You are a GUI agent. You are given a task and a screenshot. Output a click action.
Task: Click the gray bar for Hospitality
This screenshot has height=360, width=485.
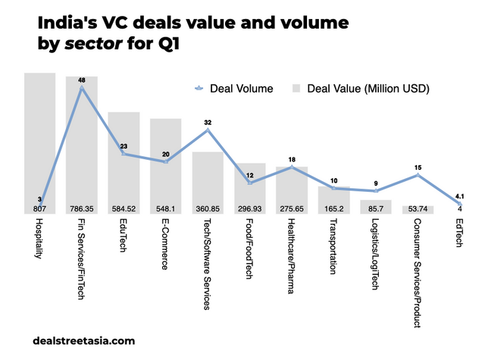pyautogui.click(x=39, y=136)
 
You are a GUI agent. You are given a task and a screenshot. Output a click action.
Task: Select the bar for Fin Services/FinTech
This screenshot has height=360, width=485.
pyautogui.click(x=81, y=144)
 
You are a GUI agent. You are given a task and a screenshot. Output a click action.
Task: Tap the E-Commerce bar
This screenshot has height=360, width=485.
pyautogui.click(x=165, y=163)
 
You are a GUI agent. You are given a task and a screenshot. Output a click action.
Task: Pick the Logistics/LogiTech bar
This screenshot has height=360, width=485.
pyautogui.click(x=376, y=205)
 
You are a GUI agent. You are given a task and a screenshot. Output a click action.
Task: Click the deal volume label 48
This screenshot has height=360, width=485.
pyautogui.click(x=81, y=80)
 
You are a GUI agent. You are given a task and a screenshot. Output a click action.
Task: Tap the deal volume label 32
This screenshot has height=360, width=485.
pyautogui.click(x=208, y=122)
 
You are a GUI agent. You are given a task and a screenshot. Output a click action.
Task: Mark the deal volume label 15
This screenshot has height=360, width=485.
pyautogui.click(x=418, y=167)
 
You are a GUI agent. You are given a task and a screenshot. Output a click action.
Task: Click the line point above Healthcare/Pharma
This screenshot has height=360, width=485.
pyautogui.click(x=292, y=167)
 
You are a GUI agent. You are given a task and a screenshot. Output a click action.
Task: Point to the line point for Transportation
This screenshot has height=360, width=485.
pyautogui.click(x=333, y=188)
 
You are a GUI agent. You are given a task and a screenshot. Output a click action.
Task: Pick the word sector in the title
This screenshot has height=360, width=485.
pyautogui.click(x=98, y=44)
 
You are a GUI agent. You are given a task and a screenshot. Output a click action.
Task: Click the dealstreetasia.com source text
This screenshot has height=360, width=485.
pyautogui.click(x=85, y=341)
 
